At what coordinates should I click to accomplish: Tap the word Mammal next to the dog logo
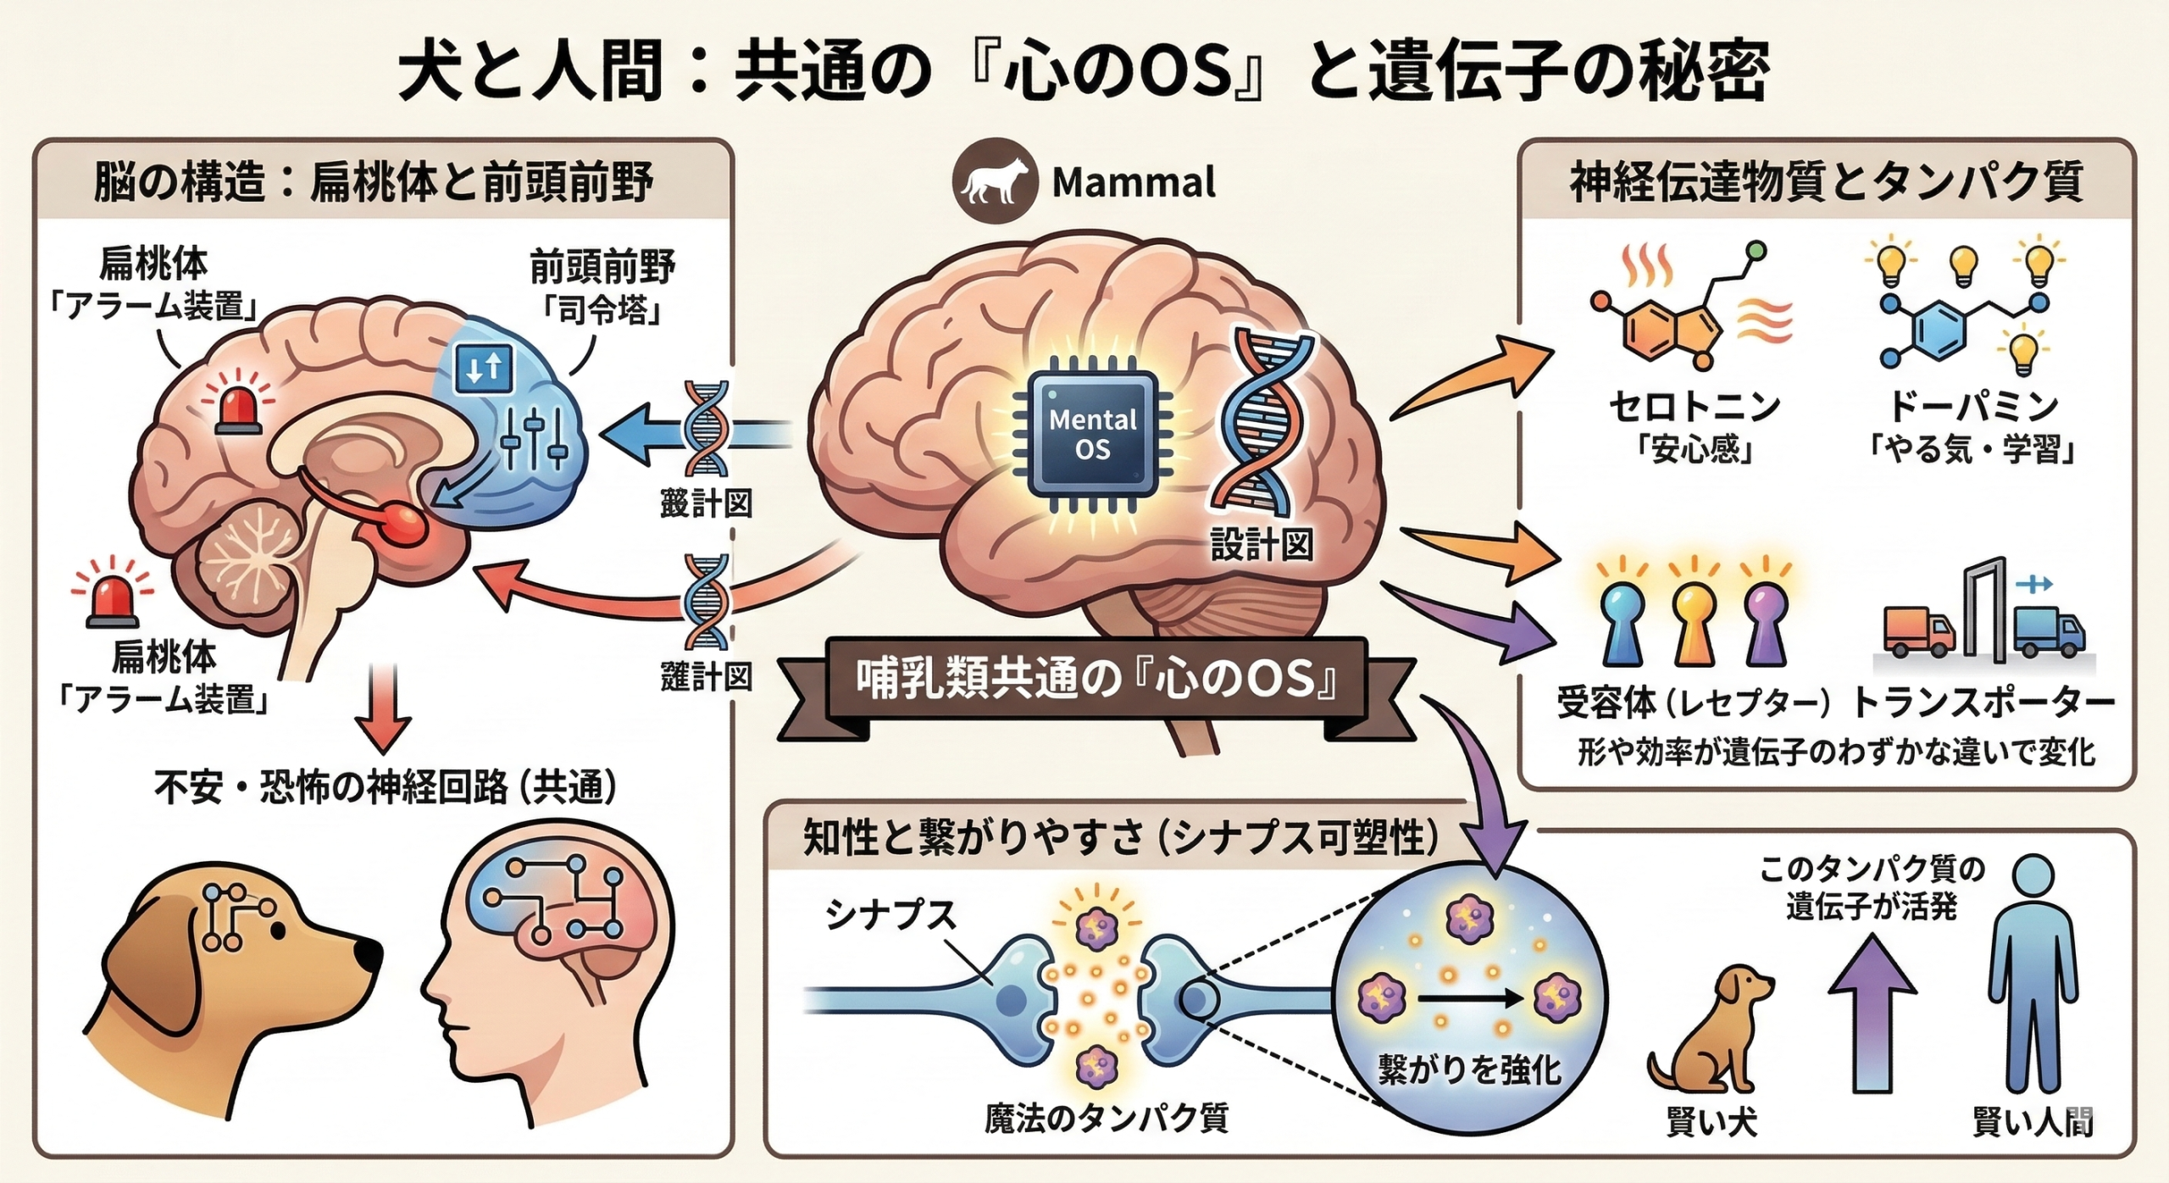1133,182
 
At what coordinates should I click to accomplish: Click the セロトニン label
1695,408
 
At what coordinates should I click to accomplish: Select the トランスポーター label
1983,703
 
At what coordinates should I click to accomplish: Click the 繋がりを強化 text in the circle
1469,1069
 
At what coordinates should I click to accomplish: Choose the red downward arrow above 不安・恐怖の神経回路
383,710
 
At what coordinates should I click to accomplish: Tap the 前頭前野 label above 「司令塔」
602,267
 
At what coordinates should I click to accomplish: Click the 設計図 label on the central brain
1262,545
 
